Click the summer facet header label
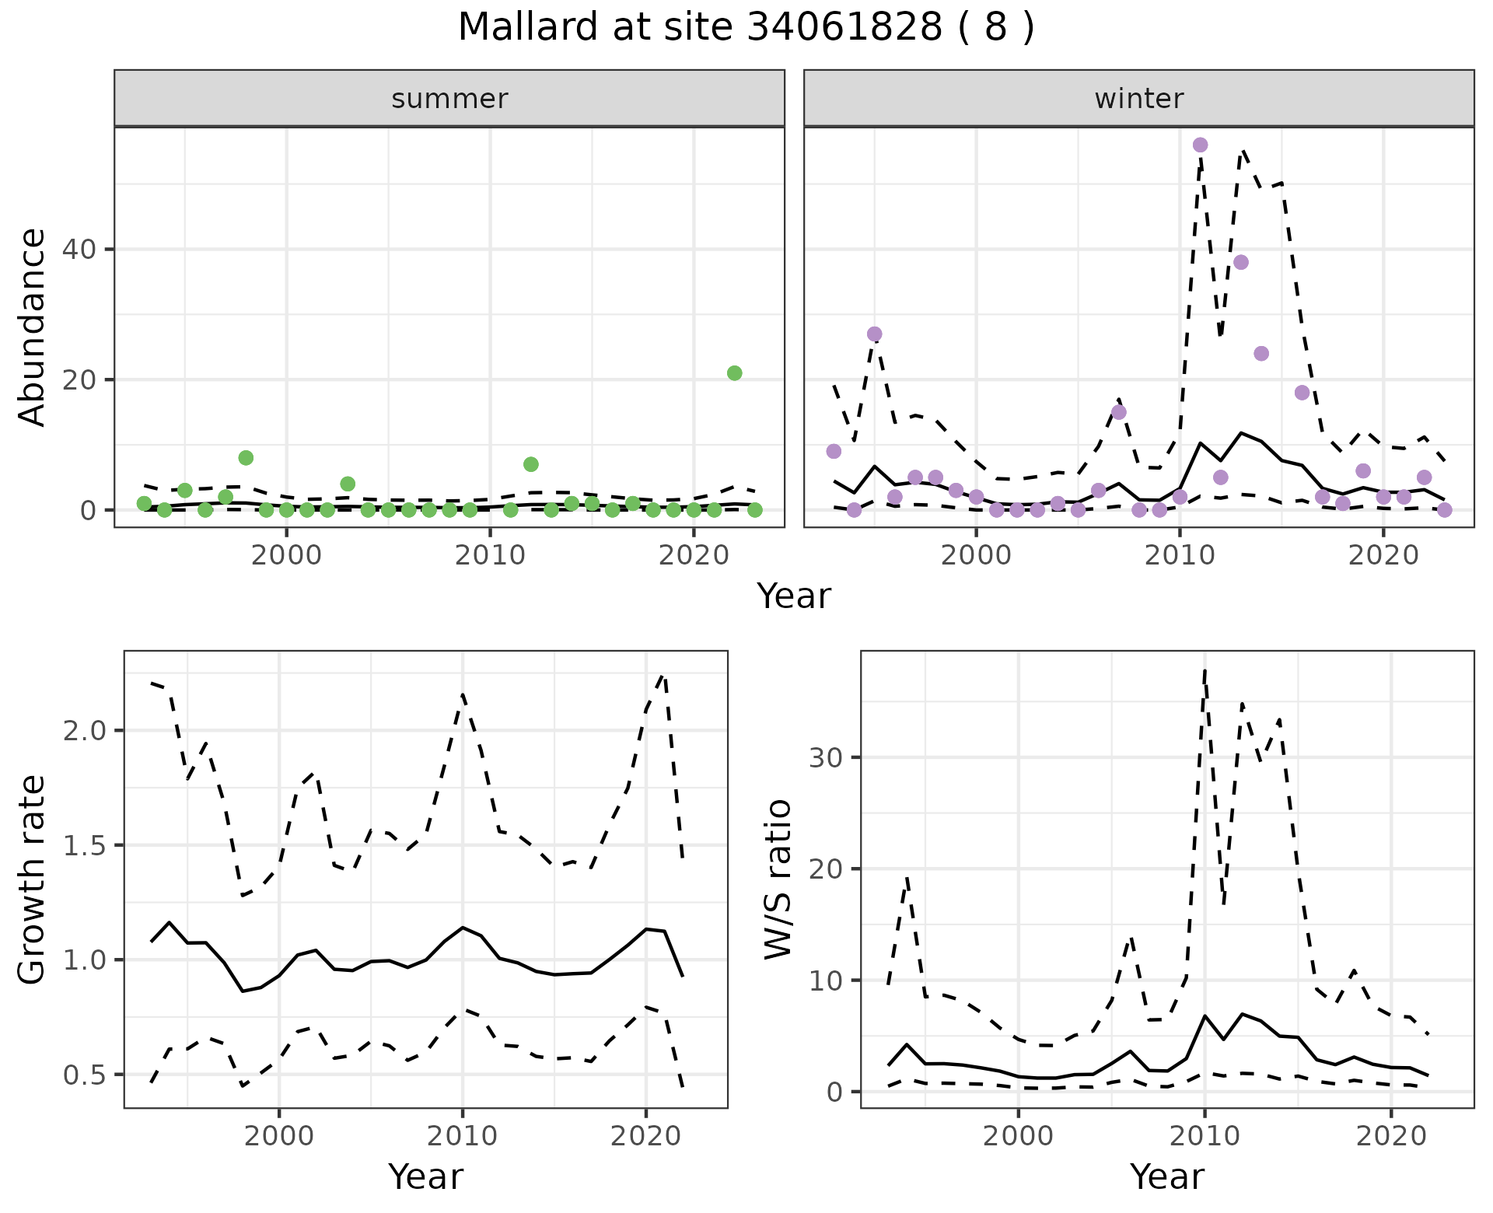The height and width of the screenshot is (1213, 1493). [449, 99]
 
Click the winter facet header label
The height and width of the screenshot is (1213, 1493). [1138, 99]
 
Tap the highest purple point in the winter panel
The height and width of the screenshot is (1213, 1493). [1200, 145]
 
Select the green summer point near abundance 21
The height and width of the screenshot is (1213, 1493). [734, 373]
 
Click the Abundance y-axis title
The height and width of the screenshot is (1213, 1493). [33, 327]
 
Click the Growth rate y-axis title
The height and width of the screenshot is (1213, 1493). [33, 879]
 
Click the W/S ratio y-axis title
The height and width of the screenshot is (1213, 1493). [778, 879]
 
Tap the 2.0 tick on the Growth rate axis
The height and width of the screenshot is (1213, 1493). [86, 731]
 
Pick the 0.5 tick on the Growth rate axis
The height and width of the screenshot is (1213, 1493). [86, 1075]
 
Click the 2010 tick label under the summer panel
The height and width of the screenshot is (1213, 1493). [490, 555]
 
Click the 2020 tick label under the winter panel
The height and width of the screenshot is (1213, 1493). [1383, 555]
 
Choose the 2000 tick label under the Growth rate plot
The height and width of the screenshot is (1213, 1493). [279, 1136]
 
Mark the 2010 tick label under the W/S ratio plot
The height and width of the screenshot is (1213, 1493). [1204, 1136]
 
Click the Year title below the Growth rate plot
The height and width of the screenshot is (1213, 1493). [425, 1176]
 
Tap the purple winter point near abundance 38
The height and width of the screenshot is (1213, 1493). [1241, 262]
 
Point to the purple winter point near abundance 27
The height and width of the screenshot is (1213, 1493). [874, 334]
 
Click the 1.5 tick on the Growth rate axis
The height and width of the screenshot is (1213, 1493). [86, 846]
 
